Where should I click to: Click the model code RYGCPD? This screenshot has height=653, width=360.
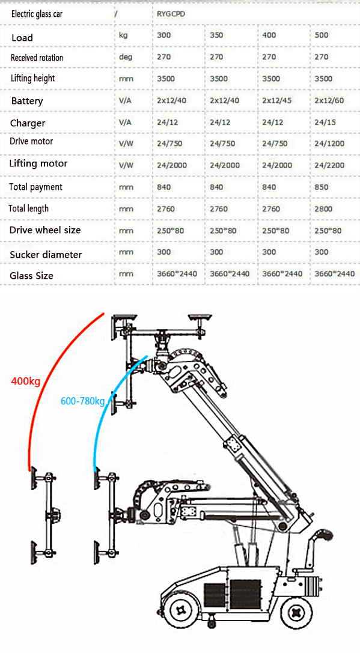click(171, 13)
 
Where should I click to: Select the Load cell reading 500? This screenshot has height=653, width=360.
click(322, 35)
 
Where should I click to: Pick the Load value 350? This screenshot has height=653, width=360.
click(216, 35)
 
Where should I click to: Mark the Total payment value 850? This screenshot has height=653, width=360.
click(322, 187)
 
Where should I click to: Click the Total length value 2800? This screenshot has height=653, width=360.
click(323, 209)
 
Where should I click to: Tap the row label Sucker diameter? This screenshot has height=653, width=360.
click(46, 255)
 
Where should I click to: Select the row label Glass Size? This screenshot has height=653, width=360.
click(31, 276)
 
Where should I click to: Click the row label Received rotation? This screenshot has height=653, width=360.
click(37, 58)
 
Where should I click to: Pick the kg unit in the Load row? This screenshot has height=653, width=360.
click(123, 35)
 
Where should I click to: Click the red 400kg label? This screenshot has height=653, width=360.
click(25, 380)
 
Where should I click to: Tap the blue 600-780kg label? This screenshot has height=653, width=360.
click(82, 401)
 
